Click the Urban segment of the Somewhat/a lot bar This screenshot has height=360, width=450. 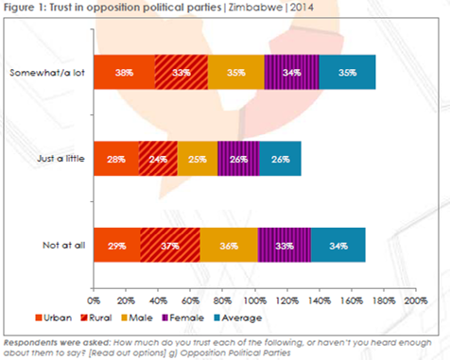click(x=124, y=72)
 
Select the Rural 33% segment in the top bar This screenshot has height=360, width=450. click(x=182, y=72)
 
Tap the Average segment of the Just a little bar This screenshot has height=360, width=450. click(x=280, y=159)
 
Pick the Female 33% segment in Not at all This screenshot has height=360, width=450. click(x=285, y=245)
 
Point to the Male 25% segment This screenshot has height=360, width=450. click(x=198, y=159)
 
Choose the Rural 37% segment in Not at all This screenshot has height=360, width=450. click(x=170, y=245)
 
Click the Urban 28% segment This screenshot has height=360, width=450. click(x=116, y=159)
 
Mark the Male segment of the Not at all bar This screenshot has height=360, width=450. click(x=229, y=245)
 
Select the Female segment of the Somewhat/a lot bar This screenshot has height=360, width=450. click(x=292, y=72)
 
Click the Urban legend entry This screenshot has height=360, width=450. click(x=54, y=317)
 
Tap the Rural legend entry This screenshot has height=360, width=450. click(x=96, y=317)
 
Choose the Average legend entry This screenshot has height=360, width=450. click(x=238, y=317)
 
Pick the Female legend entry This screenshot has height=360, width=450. click(x=182, y=317)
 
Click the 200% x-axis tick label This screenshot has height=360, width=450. click(x=416, y=300)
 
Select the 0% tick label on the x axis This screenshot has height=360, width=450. click(x=94, y=300)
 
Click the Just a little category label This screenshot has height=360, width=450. click(x=61, y=158)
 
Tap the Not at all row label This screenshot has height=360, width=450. click(x=64, y=245)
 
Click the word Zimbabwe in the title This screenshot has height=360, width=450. click(x=255, y=8)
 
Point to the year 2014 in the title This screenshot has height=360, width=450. click(x=302, y=8)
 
